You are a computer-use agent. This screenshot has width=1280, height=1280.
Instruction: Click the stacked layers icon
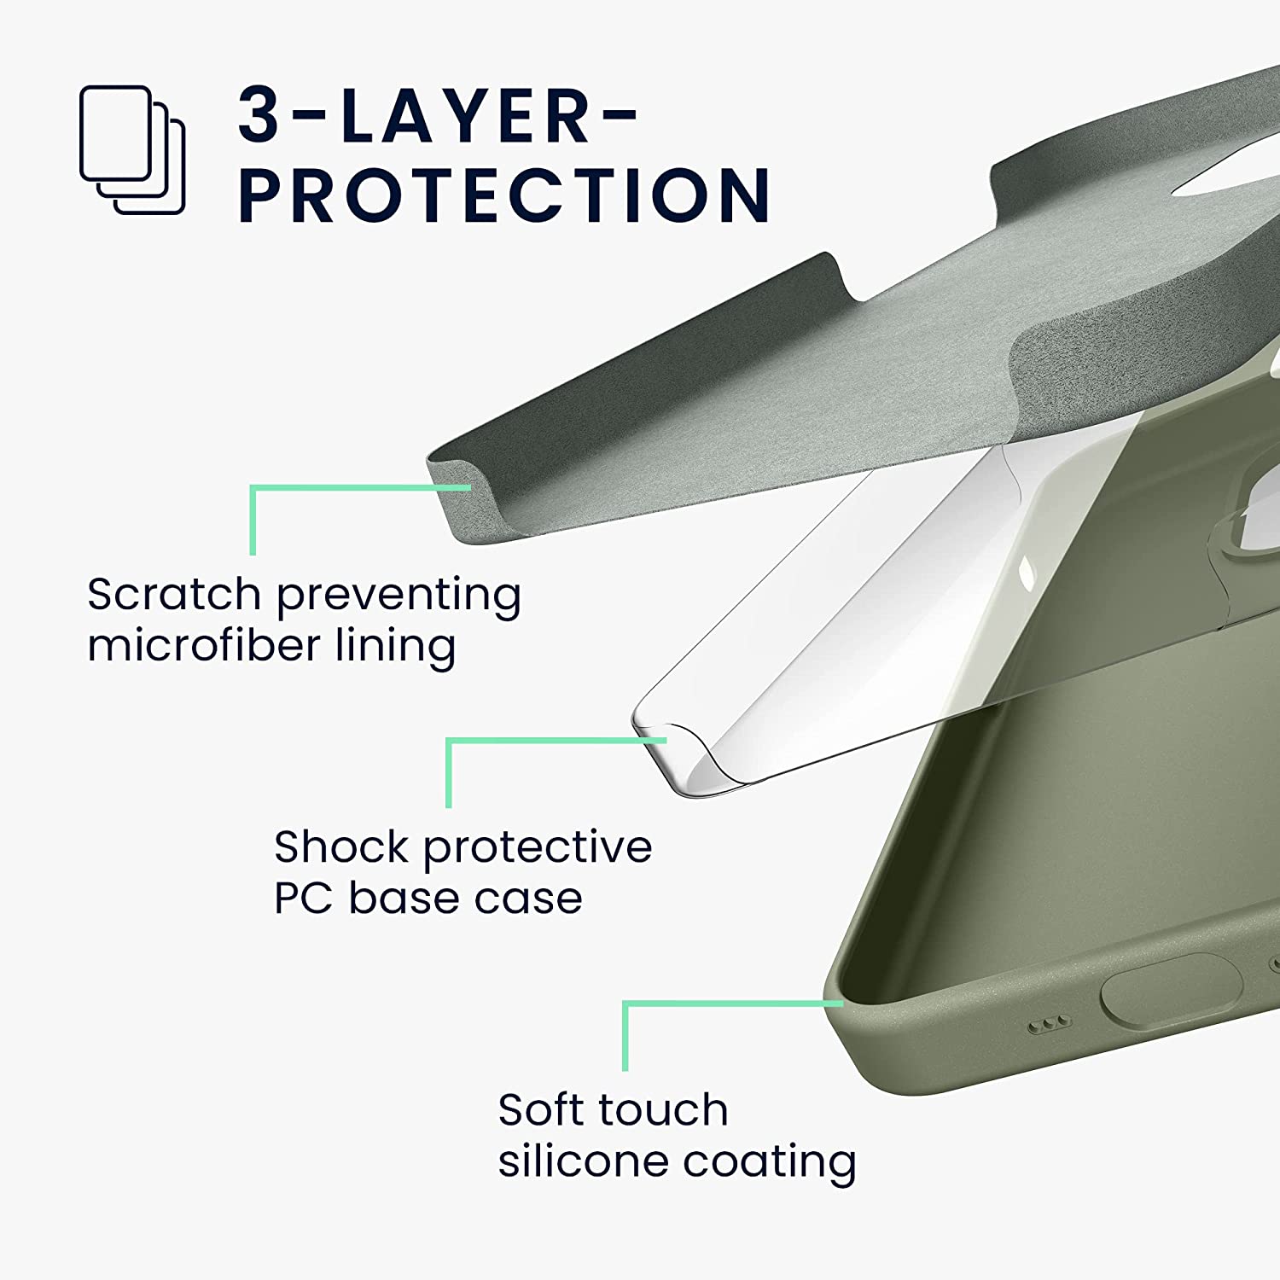tap(132, 149)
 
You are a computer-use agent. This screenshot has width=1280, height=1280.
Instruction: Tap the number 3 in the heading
tap(259, 115)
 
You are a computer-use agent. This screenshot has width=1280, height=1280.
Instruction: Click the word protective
tap(538, 848)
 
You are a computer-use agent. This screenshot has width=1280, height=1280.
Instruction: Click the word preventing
tap(399, 595)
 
